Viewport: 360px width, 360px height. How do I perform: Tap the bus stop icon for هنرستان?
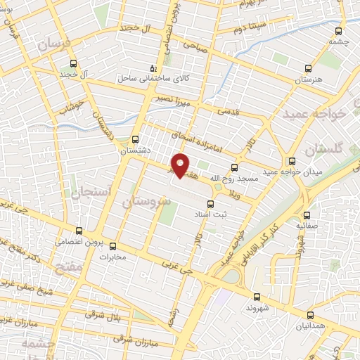(x=307, y=69)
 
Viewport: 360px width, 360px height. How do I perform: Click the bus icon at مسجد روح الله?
(x=234, y=167)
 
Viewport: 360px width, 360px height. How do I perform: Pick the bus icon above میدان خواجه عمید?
(x=292, y=160)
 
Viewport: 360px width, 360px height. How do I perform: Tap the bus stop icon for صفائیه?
(x=307, y=216)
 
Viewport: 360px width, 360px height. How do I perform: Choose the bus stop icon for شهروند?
(x=257, y=297)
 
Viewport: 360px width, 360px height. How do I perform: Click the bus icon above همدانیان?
(x=311, y=316)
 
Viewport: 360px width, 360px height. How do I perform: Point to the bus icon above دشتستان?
(x=136, y=139)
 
